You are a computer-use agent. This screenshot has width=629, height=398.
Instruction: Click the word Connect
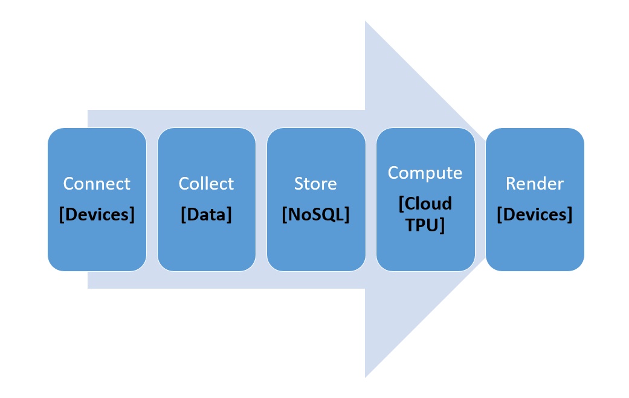tap(97, 184)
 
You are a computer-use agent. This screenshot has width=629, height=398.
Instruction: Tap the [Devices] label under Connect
tap(97, 214)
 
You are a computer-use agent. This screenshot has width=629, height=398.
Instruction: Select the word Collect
tap(206, 184)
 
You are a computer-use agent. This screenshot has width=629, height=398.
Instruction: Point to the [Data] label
tap(206, 214)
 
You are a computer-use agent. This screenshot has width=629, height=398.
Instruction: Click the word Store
tap(315, 184)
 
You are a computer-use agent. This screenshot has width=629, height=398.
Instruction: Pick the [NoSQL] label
tap(315, 214)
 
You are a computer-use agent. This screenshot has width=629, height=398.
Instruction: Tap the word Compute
tap(425, 173)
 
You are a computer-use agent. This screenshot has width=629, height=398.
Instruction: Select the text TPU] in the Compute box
tap(425, 225)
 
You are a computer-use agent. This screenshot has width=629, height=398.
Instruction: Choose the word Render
tap(534, 184)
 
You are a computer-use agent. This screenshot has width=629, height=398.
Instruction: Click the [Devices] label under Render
tap(534, 214)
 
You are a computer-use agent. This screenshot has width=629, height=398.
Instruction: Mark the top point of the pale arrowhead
tap(366, 22)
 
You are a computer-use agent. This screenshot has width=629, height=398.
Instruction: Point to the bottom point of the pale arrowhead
tap(366, 377)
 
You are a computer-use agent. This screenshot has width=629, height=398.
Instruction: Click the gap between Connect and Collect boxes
tap(152, 199)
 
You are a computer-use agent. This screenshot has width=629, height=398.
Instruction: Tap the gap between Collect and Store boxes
tap(261, 199)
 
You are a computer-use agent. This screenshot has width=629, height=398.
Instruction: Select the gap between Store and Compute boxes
tap(370, 199)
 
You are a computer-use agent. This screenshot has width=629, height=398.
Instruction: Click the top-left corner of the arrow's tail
tap(88, 111)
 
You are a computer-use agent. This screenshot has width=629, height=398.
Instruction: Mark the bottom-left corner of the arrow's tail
tap(88, 288)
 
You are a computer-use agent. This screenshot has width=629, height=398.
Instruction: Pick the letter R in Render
tap(511, 184)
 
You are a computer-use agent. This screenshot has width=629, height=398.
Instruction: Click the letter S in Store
tap(298, 184)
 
